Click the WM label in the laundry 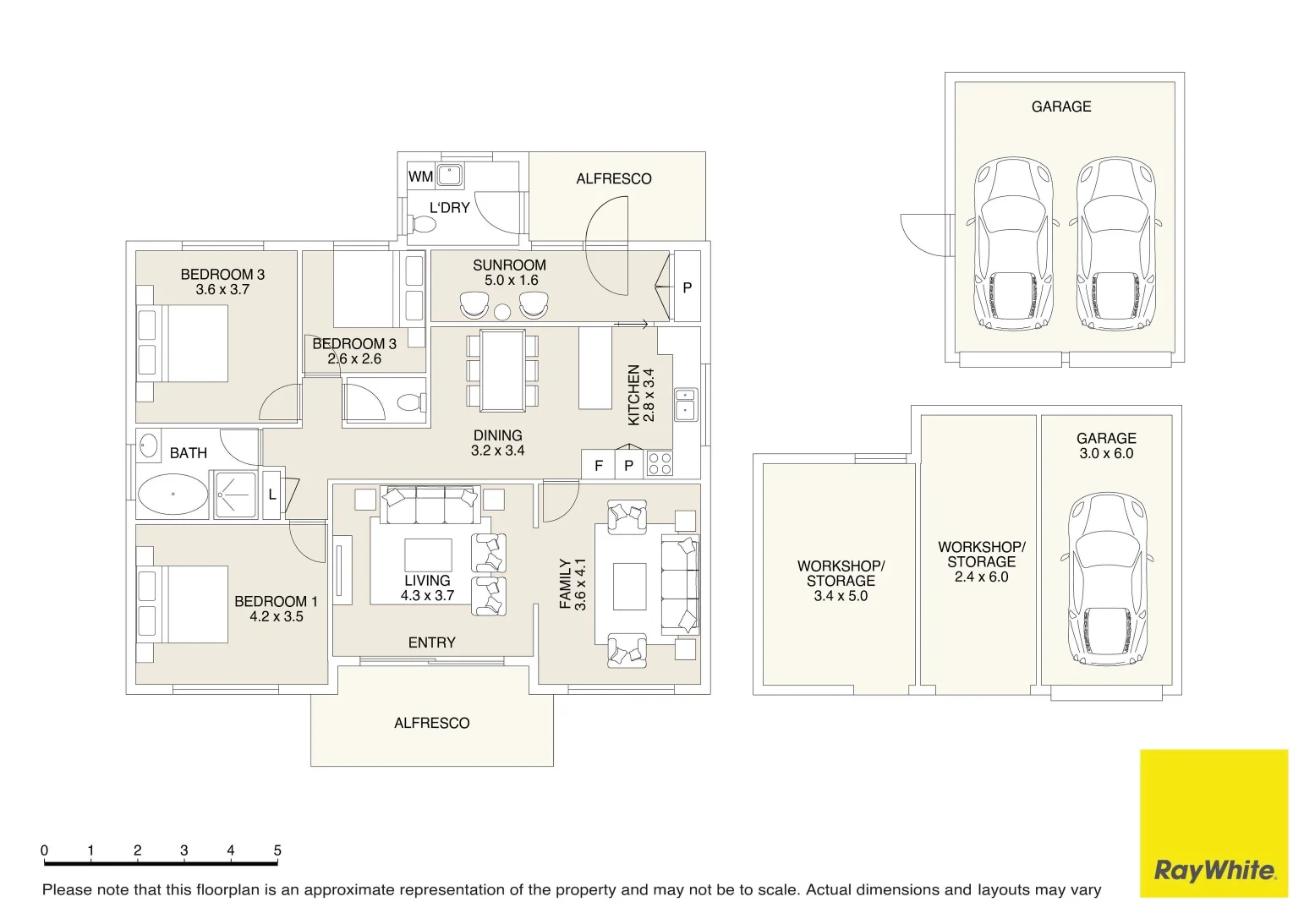point(420,177)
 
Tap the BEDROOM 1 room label point(276,601)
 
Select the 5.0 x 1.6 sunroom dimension point(511,281)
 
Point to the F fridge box point(599,466)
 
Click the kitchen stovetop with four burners point(660,464)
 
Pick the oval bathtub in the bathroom point(173,494)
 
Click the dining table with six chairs point(502,370)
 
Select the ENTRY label point(431,642)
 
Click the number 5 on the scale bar point(277,850)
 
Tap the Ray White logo point(1214,823)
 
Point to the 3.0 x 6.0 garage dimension point(1106,454)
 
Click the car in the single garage point(1107,580)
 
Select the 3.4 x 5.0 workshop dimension point(841,596)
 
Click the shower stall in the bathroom point(235,495)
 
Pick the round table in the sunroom point(502,313)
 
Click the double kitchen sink point(686,404)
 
